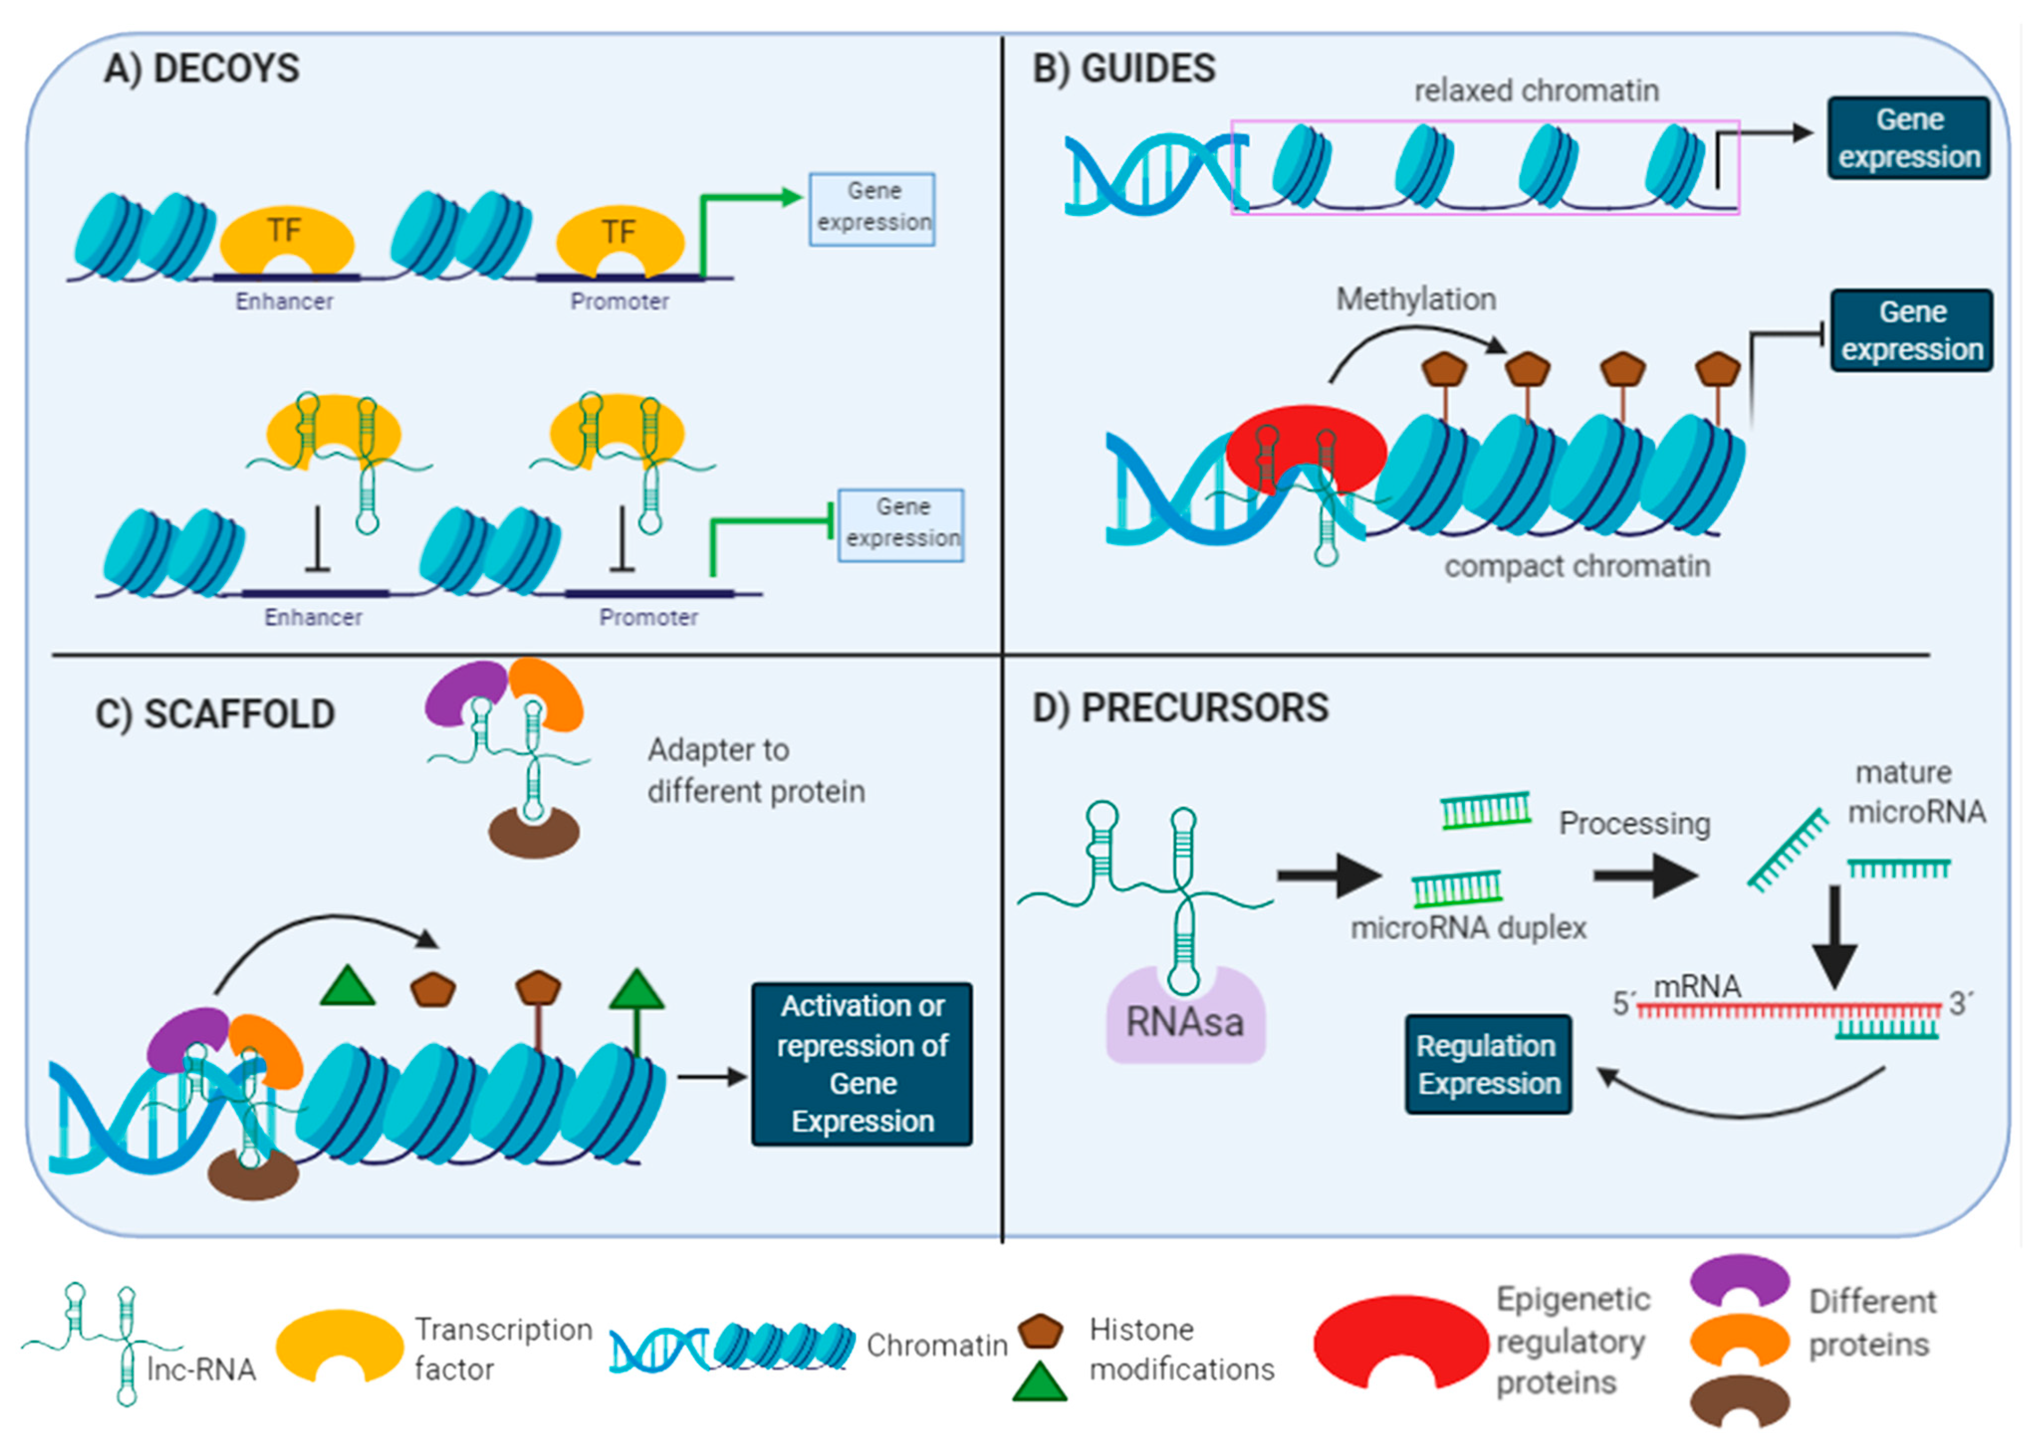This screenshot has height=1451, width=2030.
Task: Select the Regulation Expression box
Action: pos(1487,1064)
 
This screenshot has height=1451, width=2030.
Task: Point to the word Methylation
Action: pos(1415,299)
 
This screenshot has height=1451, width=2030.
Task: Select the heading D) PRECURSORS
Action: pos(1180,708)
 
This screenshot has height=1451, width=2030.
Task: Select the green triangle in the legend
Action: pos(1039,1382)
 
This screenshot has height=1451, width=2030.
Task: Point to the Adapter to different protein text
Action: pos(755,770)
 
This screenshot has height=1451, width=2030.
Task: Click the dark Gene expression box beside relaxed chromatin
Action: pos(1909,138)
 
